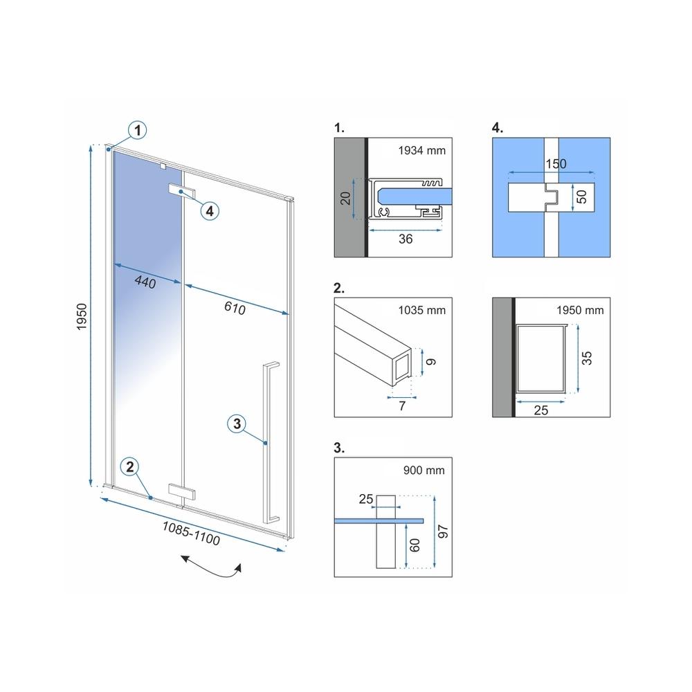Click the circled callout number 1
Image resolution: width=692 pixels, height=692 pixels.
pyautogui.click(x=138, y=130)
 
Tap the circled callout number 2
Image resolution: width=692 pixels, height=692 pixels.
pyautogui.click(x=130, y=467)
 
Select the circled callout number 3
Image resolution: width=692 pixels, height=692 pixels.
pyautogui.click(x=237, y=424)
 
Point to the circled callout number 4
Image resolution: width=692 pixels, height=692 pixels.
pyautogui.click(x=210, y=211)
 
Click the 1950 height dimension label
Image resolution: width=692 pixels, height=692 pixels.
pyautogui.click(x=82, y=316)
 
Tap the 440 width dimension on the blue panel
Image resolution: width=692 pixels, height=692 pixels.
pyautogui.click(x=145, y=281)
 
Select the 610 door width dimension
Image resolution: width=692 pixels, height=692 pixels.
pyautogui.click(x=235, y=308)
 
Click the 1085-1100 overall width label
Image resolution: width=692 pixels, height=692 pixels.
pyautogui.click(x=191, y=533)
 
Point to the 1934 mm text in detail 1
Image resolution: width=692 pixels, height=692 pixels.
pyautogui.click(x=422, y=150)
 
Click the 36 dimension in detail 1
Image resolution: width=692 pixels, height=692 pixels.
pyautogui.click(x=406, y=239)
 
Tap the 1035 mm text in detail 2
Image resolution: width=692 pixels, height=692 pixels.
pyautogui.click(x=422, y=310)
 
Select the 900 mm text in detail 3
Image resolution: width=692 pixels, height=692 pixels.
pyautogui.click(x=424, y=471)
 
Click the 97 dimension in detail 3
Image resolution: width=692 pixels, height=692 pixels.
pyautogui.click(x=443, y=531)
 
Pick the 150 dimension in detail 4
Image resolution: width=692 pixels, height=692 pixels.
pyautogui.click(x=556, y=164)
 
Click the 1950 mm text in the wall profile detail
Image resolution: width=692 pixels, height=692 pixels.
pyautogui.click(x=580, y=310)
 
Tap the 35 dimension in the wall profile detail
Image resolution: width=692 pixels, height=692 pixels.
pyautogui.click(x=586, y=358)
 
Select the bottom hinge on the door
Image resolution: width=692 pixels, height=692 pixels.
pyautogui.click(x=181, y=491)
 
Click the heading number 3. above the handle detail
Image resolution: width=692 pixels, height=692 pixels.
pyautogui.click(x=339, y=448)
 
